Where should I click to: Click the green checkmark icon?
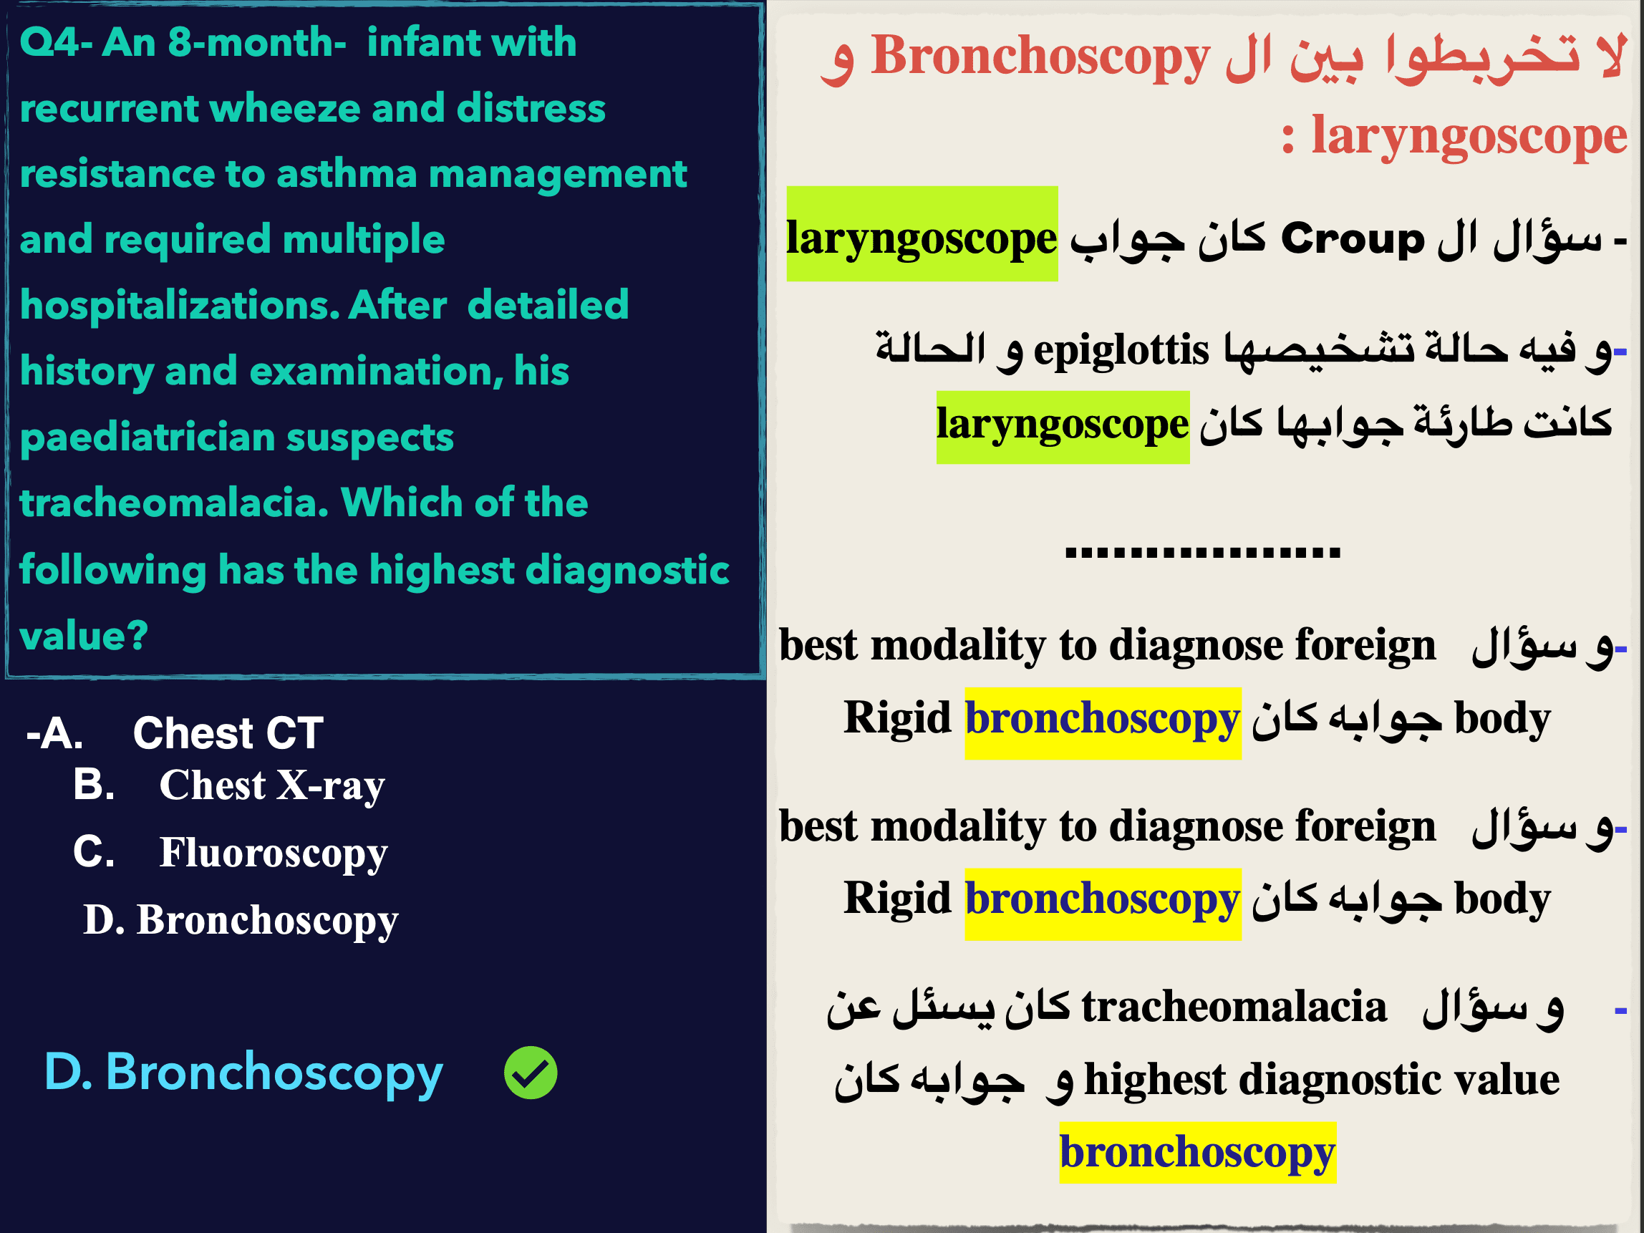531,1073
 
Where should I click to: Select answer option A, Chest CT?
175,732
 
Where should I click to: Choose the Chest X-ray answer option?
229,785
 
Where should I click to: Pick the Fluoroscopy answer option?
231,853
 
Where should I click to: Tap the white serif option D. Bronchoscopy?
241,920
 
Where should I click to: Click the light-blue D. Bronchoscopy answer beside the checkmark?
243,1073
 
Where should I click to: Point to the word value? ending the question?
84,637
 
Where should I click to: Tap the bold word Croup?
1353,238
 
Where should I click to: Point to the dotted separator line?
1202,552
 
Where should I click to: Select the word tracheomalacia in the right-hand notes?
1234,1007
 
